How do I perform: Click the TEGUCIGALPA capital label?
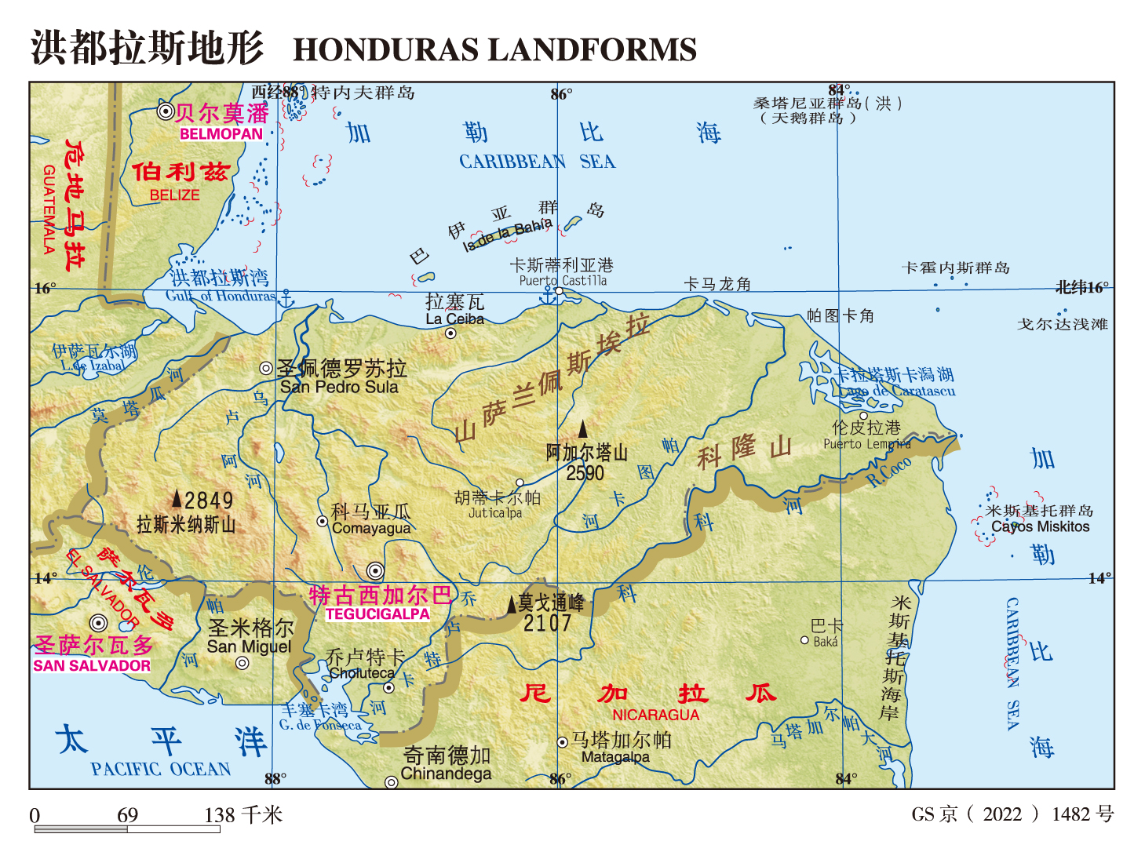tap(377, 614)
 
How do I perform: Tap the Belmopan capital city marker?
tap(166, 111)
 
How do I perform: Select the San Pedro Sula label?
tap(339, 387)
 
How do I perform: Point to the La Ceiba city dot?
tap(451, 333)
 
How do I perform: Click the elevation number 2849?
tap(209, 501)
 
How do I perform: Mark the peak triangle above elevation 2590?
tap(583, 429)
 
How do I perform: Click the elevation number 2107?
tap(548, 624)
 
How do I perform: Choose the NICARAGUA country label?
tap(655, 715)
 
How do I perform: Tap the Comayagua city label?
tap(371, 528)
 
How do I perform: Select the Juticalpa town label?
tap(494, 513)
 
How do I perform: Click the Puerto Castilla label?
tap(563, 281)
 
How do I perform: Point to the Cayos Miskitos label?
tap(1041, 526)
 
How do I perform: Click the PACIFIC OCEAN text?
tap(161, 769)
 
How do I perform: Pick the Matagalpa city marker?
tap(562, 742)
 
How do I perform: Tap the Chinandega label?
tap(446, 774)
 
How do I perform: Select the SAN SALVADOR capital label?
tap(92, 665)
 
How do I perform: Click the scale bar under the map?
tap(127, 828)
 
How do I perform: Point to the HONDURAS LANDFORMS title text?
tap(494, 50)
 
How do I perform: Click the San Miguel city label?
tap(249, 646)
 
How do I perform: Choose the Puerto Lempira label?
tap(866, 444)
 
